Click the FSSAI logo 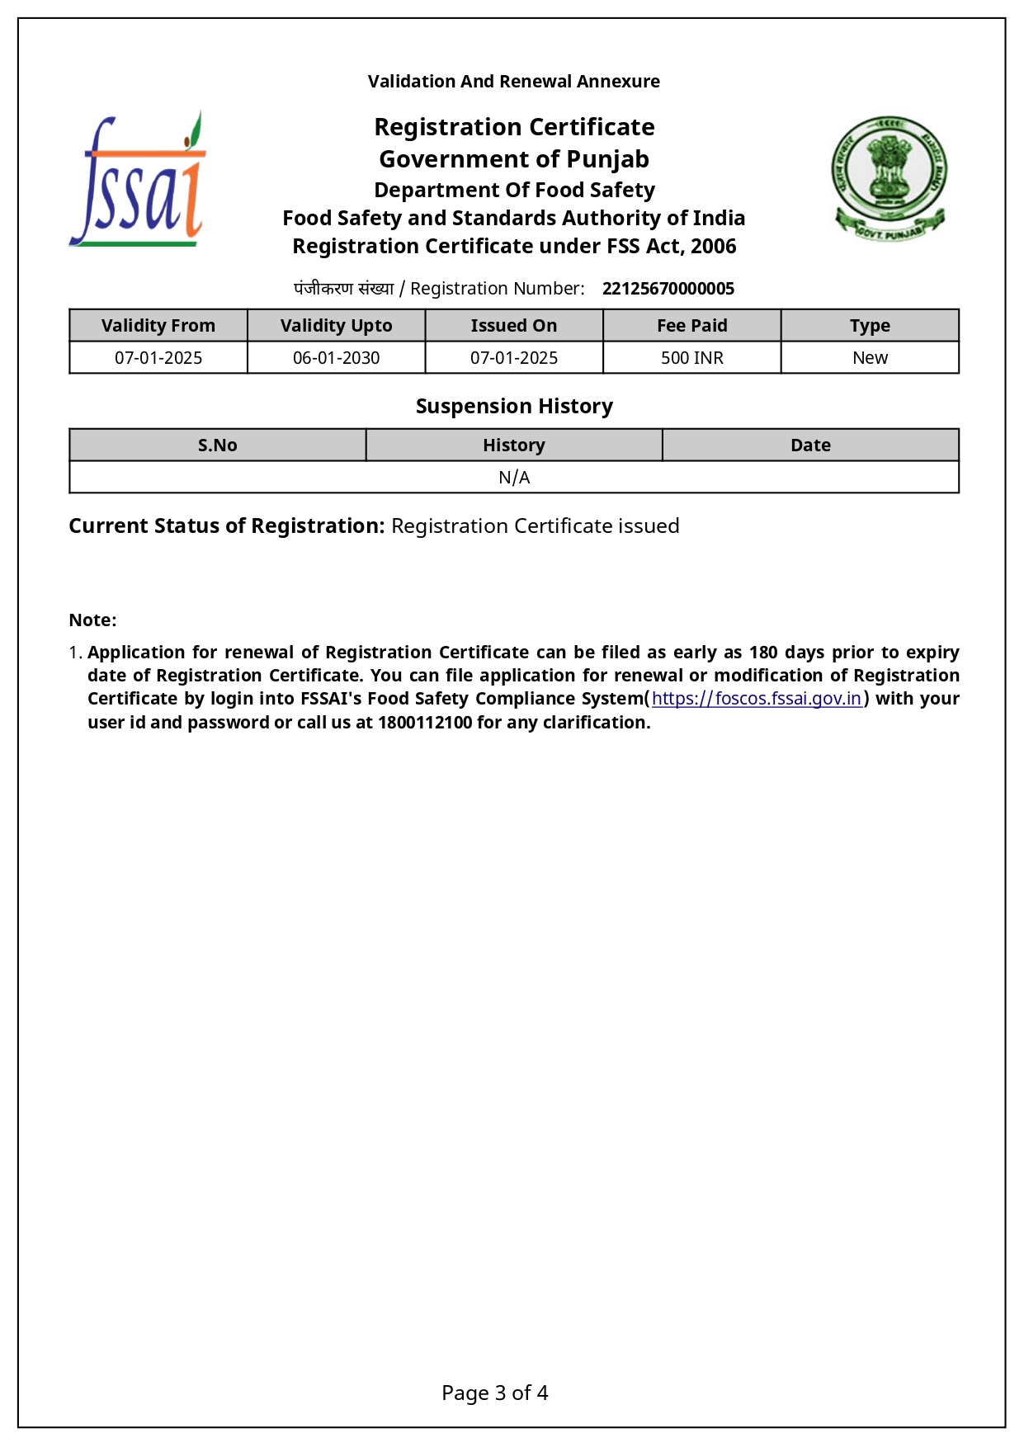(138, 180)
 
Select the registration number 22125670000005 (668, 289)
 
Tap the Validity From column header (158, 326)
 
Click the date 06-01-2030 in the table (336, 358)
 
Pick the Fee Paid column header (691, 326)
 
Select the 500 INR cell (691, 358)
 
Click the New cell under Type (870, 358)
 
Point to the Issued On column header (513, 326)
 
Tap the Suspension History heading (514, 407)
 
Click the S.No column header (217, 445)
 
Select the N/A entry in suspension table (514, 478)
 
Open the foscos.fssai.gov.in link (757, 699)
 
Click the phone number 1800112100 (425, 723)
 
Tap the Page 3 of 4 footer (494, 1393)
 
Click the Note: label (92, 620)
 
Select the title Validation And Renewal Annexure (513, 82)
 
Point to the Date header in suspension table (810, 445)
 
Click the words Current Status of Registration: (226, 526)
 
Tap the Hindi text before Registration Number (343, 289)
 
